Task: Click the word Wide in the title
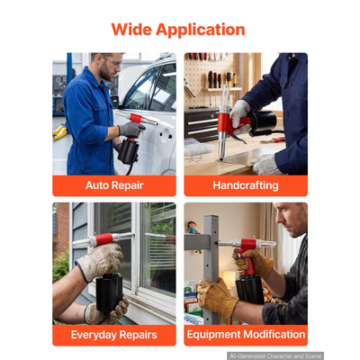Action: point(131,30)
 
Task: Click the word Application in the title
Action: point(201,31)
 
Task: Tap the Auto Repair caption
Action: point(114,185)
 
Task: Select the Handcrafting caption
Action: point(246,185)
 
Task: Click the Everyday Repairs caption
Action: point(114,335)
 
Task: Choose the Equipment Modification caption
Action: point(246,334)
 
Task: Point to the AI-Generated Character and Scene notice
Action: point(275,356)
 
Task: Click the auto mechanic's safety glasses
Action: point(112,61)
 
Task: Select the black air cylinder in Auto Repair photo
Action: point(129,151)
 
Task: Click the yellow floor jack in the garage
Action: point(59,132)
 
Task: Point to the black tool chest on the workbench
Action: point(202,124)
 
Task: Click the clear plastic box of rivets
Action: point(198,147)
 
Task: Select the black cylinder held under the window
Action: point(109,292)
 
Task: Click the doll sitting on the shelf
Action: point(193,228)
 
